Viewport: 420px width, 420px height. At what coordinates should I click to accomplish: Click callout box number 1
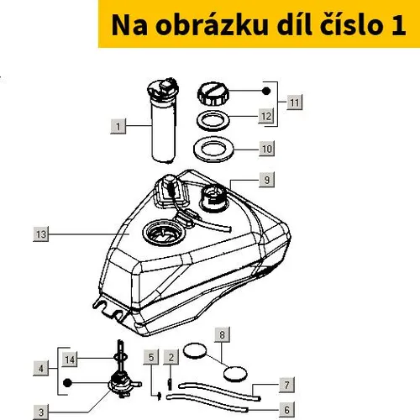(x=118, y=126)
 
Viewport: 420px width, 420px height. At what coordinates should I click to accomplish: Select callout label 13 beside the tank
(x=41, y=234)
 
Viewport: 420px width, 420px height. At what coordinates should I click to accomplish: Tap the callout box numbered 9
(x=266, y=180)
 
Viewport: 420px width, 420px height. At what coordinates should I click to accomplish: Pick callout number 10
(x=266, y=149)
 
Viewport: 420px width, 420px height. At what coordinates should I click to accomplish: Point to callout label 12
(x=266, y=116)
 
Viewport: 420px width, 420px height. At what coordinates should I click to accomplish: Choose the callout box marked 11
(x=295, y=102)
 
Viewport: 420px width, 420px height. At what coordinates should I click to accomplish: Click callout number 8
(x=223, y=334)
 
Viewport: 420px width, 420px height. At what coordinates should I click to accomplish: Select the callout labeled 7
(x=286, y=385)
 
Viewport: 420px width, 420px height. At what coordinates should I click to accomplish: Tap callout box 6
(x=286, y=410)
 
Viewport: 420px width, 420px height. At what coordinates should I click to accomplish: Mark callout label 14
(x=70, y=359)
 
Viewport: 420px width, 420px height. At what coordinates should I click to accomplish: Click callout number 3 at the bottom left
(x=41, y=412)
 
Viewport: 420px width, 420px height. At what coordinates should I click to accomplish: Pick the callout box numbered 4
(x=41, y=368)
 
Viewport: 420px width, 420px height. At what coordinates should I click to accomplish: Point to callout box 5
(x=151, y=357)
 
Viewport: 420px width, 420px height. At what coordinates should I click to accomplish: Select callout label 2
(x=171, y=357)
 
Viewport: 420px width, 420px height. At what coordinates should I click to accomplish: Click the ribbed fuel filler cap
(x=213, y=94)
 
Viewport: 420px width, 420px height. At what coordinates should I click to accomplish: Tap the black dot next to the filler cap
(x=266, y=91)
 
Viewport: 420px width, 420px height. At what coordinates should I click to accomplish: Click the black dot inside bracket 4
(x=67, y=383)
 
